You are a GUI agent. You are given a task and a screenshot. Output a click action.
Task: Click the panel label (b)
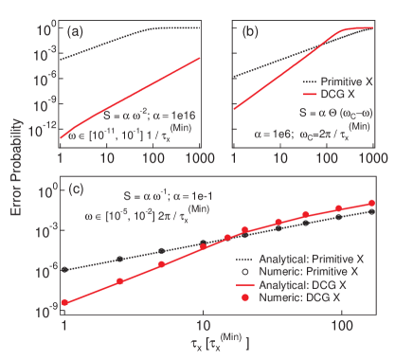click(250, 30)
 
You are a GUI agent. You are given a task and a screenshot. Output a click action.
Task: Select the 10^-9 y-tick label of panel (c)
click(45, 270)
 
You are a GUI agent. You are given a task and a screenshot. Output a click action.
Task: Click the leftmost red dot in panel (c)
click(64, 302)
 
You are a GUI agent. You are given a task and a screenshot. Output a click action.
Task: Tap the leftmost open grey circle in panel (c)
click(64, 269)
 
